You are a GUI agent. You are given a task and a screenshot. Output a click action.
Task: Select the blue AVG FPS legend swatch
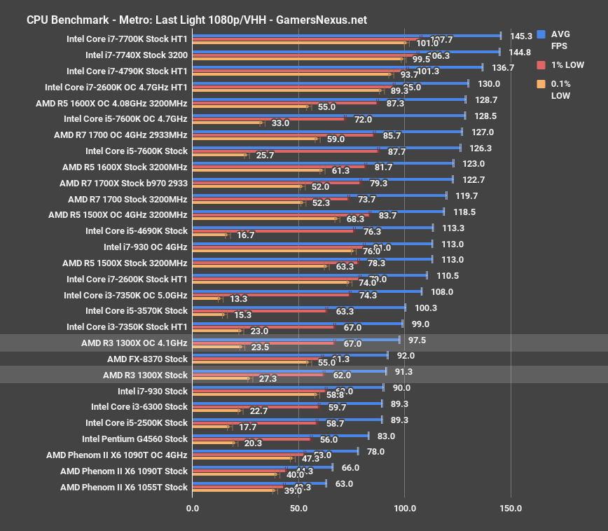541,34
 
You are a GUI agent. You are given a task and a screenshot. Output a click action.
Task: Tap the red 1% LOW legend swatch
541,65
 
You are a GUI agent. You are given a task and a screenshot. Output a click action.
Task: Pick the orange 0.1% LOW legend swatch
541,84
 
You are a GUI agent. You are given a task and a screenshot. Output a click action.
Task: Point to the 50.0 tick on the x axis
298,508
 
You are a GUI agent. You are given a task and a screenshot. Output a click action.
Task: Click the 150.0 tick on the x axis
511,508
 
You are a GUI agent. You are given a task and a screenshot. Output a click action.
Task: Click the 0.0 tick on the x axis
193,508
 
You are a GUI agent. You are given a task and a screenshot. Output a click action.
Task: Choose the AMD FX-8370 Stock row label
147,359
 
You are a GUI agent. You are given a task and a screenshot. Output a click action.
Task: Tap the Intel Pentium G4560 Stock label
134,439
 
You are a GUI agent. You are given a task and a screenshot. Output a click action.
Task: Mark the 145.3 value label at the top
521,36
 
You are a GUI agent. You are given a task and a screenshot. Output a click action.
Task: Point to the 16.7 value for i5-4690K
245,235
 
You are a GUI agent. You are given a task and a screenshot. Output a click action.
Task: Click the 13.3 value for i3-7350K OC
239,299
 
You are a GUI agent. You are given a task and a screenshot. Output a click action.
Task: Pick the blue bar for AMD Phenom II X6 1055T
259,483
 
